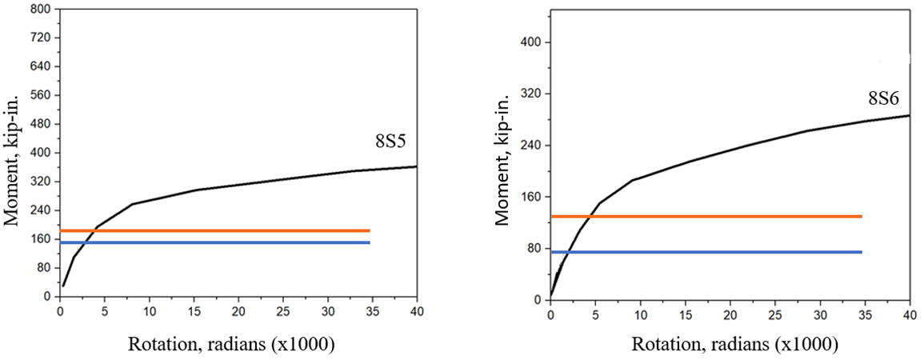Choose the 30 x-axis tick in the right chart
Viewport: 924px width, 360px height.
pyautogui.click(x=820, y=314)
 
